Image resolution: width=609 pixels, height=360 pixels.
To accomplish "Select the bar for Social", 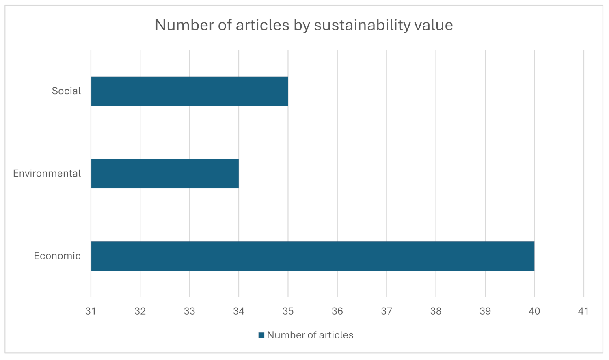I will (x=189, y=91).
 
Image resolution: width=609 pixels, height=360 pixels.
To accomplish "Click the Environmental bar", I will (x=165, y=173).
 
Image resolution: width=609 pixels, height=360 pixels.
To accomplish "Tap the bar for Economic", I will (x=313, y=256).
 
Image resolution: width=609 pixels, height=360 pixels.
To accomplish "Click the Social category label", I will (x=66, y=91).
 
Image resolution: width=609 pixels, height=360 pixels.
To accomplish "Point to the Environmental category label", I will (x=47, y=173).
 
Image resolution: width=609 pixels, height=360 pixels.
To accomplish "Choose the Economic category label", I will (x=57, y=256).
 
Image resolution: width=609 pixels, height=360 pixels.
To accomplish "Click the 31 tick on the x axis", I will (x=91, y=311).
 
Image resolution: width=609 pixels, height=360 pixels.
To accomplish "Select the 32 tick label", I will (x=140, y=311).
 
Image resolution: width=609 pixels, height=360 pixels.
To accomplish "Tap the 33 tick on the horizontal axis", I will (x=189, y=311).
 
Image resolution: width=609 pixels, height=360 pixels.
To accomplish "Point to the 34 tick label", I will (x=239, y=311).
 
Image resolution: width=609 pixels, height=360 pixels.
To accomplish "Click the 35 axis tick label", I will (x=288, y=311).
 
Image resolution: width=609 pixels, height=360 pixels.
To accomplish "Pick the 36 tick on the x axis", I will (x=337, y=311).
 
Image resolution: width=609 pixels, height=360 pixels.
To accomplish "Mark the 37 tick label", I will (x=387, y=311).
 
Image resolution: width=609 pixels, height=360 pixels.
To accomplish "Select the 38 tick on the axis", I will (x=436, y=311).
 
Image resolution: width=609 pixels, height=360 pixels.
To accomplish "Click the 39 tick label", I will (x=485, y=311).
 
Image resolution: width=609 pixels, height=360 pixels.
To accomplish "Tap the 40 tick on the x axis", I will (x=534, y=311).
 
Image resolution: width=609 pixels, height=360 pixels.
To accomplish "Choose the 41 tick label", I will (x=583, y=311).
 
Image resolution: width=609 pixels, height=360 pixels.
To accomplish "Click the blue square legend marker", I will (x=261, y=335).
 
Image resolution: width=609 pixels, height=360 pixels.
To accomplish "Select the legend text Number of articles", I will (x=310, y=335).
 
